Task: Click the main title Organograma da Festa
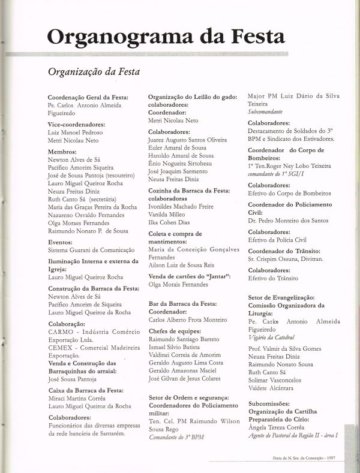click(x=166, y=37)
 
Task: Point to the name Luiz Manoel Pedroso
click(x=74, y=132)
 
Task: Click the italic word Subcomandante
click(x=266, y=112)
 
